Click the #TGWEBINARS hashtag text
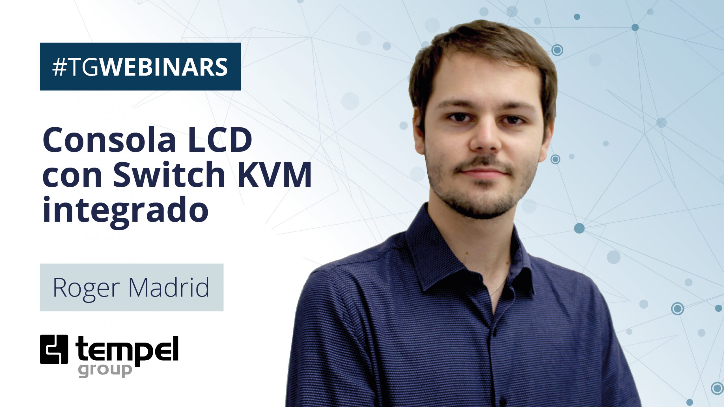pos(140,67)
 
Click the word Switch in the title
pos(169,174)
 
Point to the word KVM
pos(274,174)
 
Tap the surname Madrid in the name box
pos(169,287)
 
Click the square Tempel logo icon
pos(54,349)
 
